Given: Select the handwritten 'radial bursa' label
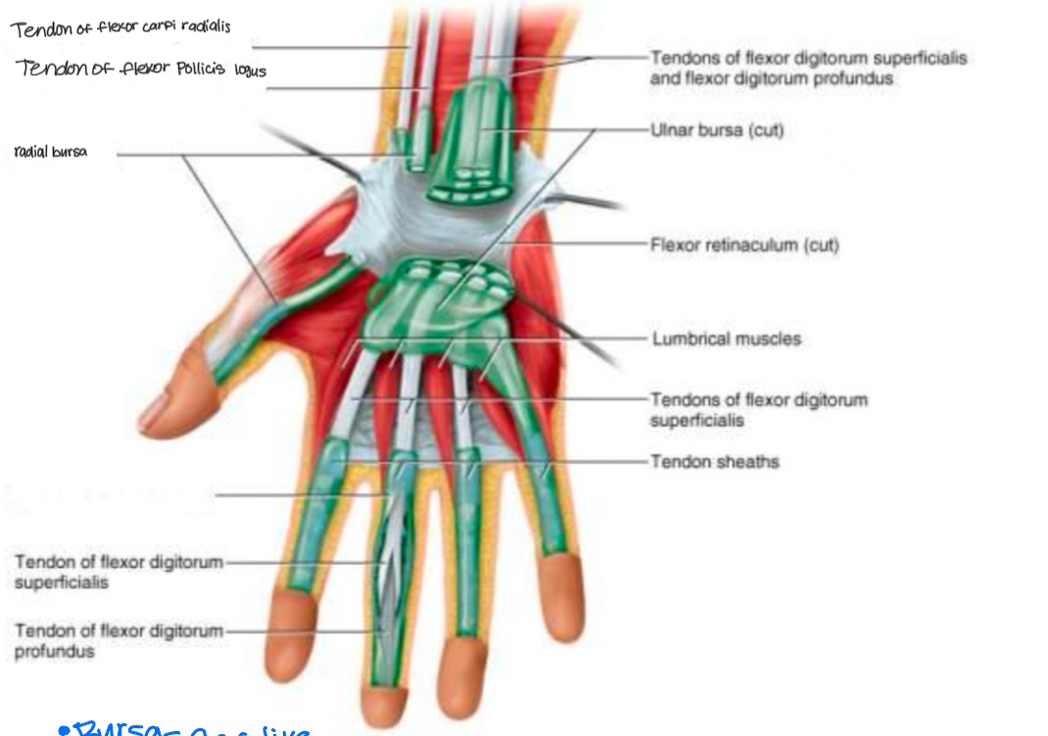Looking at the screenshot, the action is (51, 152).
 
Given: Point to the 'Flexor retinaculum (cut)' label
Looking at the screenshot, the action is (744, 245).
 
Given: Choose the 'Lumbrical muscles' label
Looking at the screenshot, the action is (726, 339).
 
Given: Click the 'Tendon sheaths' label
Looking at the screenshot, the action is (715, 460).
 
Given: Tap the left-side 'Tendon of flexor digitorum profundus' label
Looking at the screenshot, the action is (119, 641).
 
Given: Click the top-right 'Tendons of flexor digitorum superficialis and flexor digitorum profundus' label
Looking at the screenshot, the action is (807, 68).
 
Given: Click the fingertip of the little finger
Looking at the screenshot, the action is (566, 598).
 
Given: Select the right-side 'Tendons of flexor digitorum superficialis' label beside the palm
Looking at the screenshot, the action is (758, 409).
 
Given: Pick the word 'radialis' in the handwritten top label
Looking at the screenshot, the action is (200, 27).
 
